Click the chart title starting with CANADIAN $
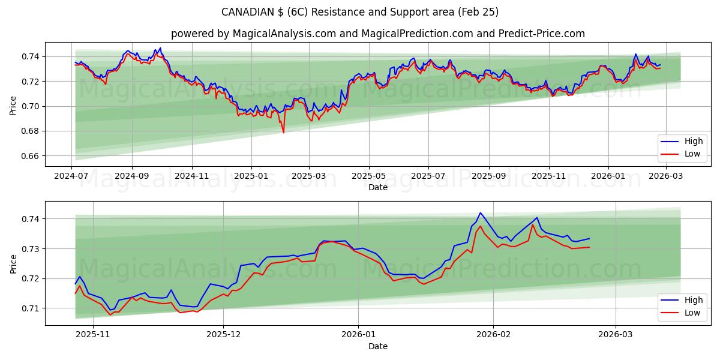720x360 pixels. [x=360, y=12]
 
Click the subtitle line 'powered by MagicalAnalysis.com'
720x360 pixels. [x=378, y=34]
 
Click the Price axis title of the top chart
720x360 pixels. [x=13, y=106]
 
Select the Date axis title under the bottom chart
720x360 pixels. [x=378, y=346]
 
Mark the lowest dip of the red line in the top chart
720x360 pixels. [x=283, y=133]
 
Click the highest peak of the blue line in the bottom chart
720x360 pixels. [x=480, y=212]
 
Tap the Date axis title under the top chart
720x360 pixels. [x=378, y=187]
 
